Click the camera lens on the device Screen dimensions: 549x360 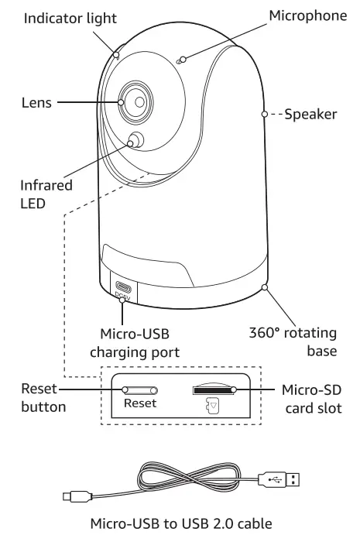[135, 101]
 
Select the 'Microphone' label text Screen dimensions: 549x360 [307, 15]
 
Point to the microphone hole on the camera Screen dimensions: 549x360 [179, 60]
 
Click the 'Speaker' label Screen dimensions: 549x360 [310, 114]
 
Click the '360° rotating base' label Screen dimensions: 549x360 [303, 341]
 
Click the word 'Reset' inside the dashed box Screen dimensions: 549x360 [139, 403]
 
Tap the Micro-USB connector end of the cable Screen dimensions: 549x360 [70, 492]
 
